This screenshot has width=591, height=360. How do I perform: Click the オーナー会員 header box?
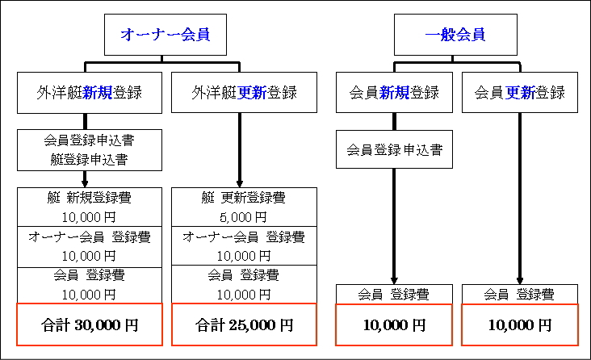[165, 35]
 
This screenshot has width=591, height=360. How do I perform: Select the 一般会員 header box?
[455, 35]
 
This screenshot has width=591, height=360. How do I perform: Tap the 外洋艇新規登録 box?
[90, 93]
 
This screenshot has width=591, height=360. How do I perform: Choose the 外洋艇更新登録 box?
[244, 92]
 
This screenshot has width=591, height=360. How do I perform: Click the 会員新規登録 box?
[394, 92]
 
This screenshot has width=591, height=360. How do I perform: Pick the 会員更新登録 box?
[520, 92]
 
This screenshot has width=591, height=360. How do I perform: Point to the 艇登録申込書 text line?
[90, 160]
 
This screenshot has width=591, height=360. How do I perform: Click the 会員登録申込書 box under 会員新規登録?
[394, 149]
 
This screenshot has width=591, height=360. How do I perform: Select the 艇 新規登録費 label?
[90, 197]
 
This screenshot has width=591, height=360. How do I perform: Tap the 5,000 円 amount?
[244, 217]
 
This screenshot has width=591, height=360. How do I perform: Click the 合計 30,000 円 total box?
[90, 324]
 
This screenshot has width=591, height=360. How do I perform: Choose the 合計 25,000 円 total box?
[244, 324]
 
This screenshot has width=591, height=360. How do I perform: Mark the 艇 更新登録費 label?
[244, 197]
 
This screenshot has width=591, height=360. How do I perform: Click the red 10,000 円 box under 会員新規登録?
[394, 324]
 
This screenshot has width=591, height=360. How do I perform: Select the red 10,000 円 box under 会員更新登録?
[520, 324]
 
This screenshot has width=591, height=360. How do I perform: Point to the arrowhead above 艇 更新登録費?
[239, 183]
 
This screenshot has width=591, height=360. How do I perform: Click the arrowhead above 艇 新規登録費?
[85, 183]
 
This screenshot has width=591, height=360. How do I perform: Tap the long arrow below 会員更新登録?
[520, 199]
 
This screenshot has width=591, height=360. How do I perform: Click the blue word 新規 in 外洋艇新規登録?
[97, 93]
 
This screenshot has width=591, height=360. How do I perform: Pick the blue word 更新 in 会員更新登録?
[520, 93]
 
